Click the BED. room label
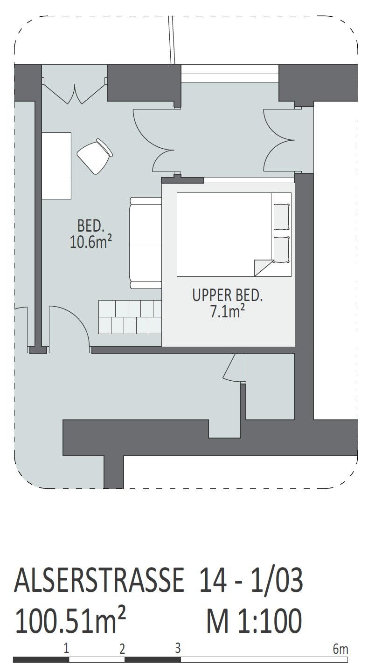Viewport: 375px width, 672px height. [x=91, y=226]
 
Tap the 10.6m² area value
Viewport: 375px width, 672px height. [x=91, y=241]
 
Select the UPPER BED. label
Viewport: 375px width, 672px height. [x=227, y=295]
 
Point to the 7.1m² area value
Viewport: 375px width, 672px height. [x=227, y=311]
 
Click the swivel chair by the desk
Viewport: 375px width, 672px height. [x=95, y=156]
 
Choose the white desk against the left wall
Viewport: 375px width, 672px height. [x=56, y=165]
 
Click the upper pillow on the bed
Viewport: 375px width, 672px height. [x=282, y=217]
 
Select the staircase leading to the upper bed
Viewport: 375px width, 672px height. [x=130, y=317]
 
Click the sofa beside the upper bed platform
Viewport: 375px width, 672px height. [x=146, y=243]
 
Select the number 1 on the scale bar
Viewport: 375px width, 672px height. [x=66, y=648]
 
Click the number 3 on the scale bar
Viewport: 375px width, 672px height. [x=178, y=648]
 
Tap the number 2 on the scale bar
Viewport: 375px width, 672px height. [x=122, y=649]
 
